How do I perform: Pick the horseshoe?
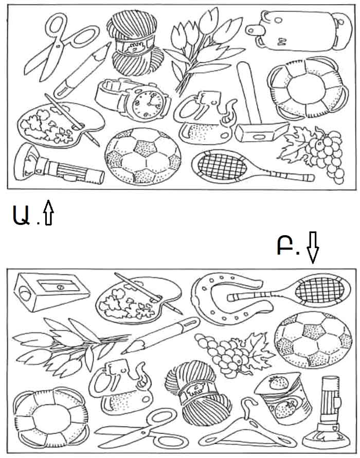230,298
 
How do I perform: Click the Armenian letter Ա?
21,215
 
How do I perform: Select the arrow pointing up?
48,213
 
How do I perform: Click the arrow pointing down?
313,247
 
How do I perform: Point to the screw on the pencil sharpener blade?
61,287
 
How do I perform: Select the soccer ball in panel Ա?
143,156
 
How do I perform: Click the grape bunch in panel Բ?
233,354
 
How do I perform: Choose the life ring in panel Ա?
308,88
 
